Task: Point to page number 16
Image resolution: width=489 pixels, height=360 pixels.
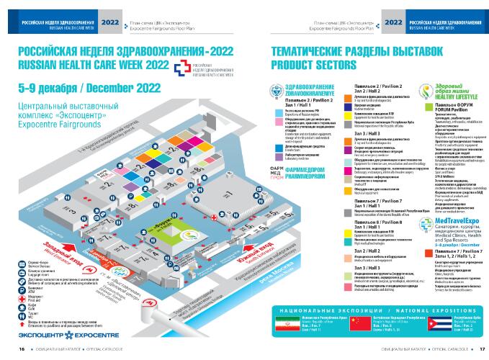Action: pos(22,348)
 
